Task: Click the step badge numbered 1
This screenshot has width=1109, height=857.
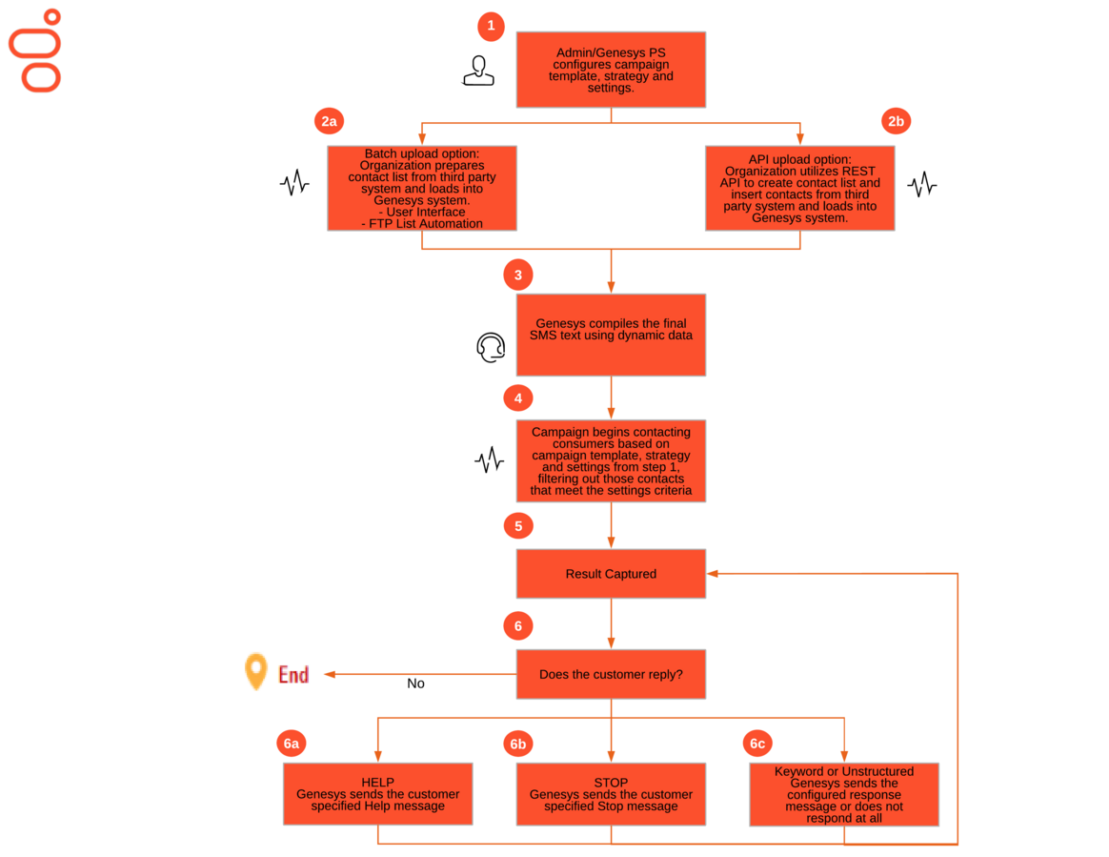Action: coord(491,26)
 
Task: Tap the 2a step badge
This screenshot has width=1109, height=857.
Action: coord(329,121)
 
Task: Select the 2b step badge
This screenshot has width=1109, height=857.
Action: coord(897,121)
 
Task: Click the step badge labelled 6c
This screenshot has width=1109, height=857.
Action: coord(757,743)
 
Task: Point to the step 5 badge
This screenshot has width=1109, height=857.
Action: coord(518,526)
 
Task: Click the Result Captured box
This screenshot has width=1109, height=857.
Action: coord(611,574)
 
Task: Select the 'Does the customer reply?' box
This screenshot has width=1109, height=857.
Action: coord(611,674)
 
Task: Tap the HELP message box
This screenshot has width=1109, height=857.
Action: coord(377,794)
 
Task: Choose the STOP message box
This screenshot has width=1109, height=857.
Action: coord(611,794)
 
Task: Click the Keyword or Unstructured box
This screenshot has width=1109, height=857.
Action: coord(844,794)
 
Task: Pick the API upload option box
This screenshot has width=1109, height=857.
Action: coord(800,188)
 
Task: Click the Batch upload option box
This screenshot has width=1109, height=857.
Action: coord(422,188)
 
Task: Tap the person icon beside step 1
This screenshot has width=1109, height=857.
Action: coord(479,71)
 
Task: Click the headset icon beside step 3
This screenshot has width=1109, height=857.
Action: coord(491,347)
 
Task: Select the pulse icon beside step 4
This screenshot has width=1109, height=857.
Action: coord(490,460)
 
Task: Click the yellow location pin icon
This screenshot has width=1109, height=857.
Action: coord(256,671)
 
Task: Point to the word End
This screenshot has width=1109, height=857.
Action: coord(293,674)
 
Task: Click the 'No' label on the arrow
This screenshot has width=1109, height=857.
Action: coord(415,684)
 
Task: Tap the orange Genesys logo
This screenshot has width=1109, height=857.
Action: coord(34,51)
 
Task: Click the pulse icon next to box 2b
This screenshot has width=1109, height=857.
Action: coord(922,185)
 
